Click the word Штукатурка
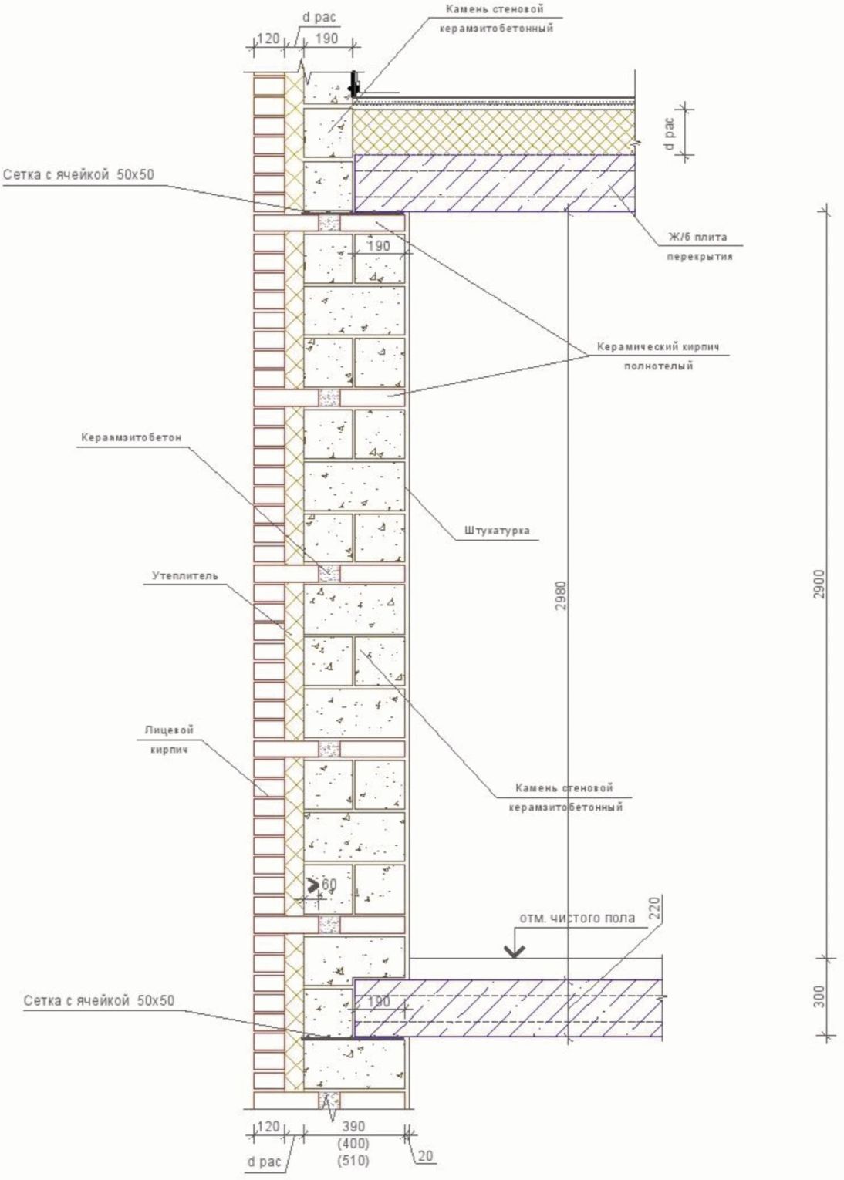click(x=497, y=531)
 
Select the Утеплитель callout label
click(x=185, y=575)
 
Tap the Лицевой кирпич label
click(x=168, y=739)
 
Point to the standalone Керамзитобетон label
click(x=131, y=437)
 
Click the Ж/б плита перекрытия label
click(x=697, y=246)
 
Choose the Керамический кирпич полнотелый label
click(x=658, y=356)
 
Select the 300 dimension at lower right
click(x=819, y=996)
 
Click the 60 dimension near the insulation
click(x=328, y=885)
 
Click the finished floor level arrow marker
click(x=515, y=950)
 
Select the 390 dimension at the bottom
click(x=353, y=1127)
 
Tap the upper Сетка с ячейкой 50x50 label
click(x=78, y=175)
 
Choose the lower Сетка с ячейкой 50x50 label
click(x=99, y=1001)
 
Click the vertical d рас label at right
click(x=670, y=133)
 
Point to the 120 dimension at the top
click(x=267, y=39)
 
